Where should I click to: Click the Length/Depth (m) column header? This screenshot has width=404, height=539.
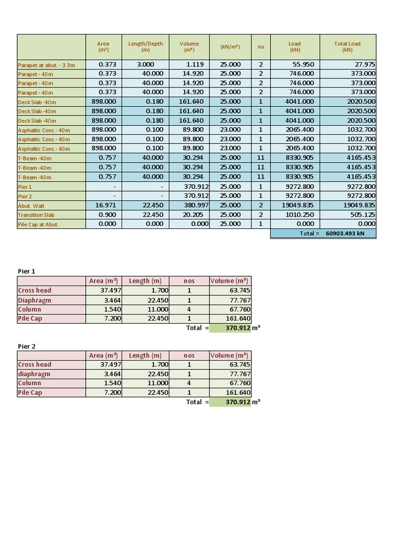point(145,47)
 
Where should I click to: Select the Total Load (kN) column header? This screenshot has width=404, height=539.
point(347,47)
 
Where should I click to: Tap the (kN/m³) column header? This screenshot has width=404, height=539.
point(230,47)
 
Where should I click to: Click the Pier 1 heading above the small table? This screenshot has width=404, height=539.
point(27,271)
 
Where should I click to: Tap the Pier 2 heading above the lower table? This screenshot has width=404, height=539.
point(27,346)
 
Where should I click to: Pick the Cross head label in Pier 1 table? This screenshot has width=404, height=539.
point(35,291)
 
